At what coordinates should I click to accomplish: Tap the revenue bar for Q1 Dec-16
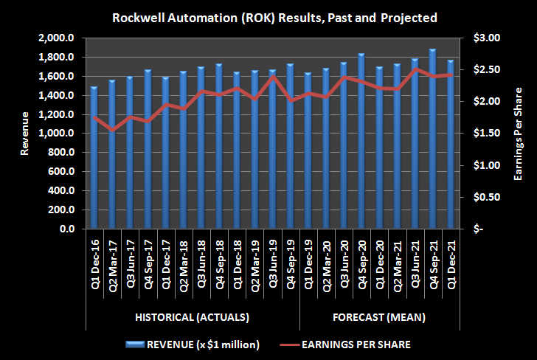(94, 158)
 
